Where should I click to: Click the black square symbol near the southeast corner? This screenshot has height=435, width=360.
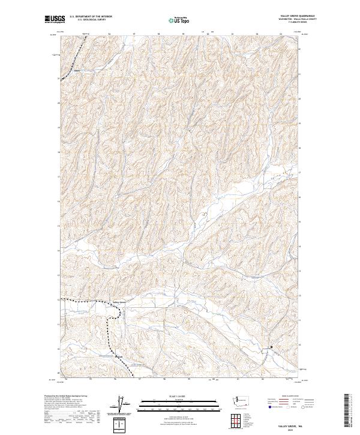pos(271,347)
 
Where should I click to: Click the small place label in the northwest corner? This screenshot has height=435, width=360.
pos(77,71)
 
